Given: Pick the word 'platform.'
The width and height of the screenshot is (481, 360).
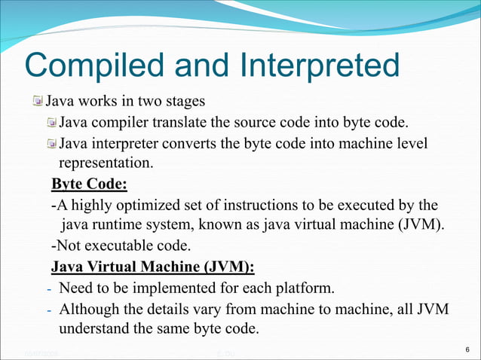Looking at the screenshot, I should pos(305,288).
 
